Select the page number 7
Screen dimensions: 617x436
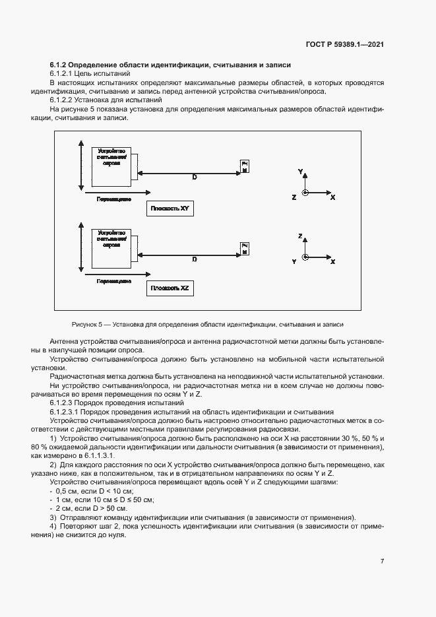pos(382,561)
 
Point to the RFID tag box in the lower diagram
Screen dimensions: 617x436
pos(245,248)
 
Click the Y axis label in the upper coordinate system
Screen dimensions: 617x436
pos(300,171)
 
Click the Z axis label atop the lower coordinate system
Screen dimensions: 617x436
pos(300,236)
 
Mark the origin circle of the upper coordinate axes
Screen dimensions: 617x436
pos(305,193)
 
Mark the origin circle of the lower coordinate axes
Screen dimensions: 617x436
pos(305,257)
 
